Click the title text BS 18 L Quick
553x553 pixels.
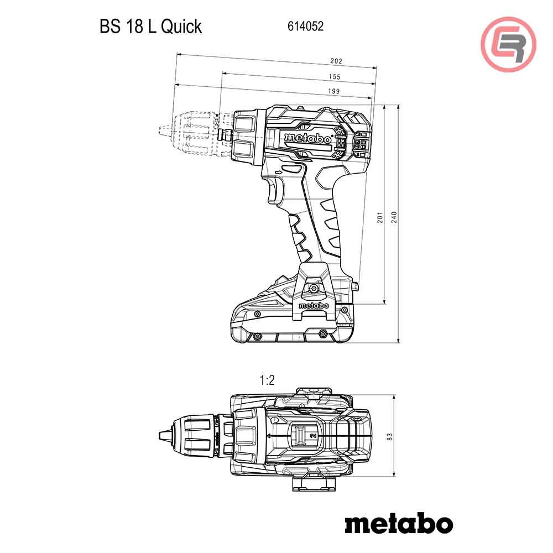150,27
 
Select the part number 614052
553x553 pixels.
305,27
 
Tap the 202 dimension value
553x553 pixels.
336,61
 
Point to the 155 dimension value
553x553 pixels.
334,76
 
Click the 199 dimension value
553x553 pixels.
333,91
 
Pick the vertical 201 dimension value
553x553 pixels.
380,219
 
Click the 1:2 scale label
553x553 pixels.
267,380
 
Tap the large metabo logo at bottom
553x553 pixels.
398,523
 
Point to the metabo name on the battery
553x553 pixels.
314,305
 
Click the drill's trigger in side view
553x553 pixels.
273,191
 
